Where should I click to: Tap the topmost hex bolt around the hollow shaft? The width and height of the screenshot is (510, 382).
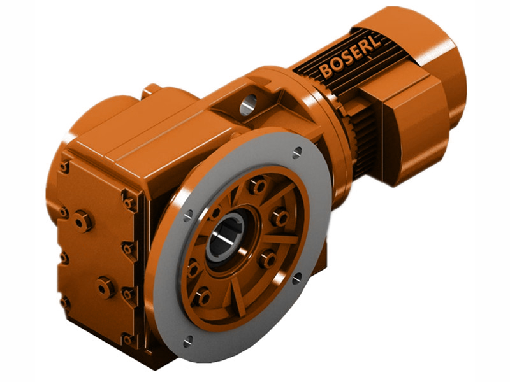click(x=258, y=187)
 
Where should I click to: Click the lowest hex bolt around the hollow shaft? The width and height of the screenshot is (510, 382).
click(x=203, y=297)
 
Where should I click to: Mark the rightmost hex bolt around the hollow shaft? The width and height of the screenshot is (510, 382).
click(x=279, y=218)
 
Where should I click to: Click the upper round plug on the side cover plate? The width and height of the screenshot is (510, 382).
click(x=83, y=221)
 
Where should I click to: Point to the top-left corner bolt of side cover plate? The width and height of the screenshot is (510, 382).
click(x=64, y=167)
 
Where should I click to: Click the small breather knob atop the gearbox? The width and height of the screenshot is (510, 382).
click(x=152, y=90)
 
